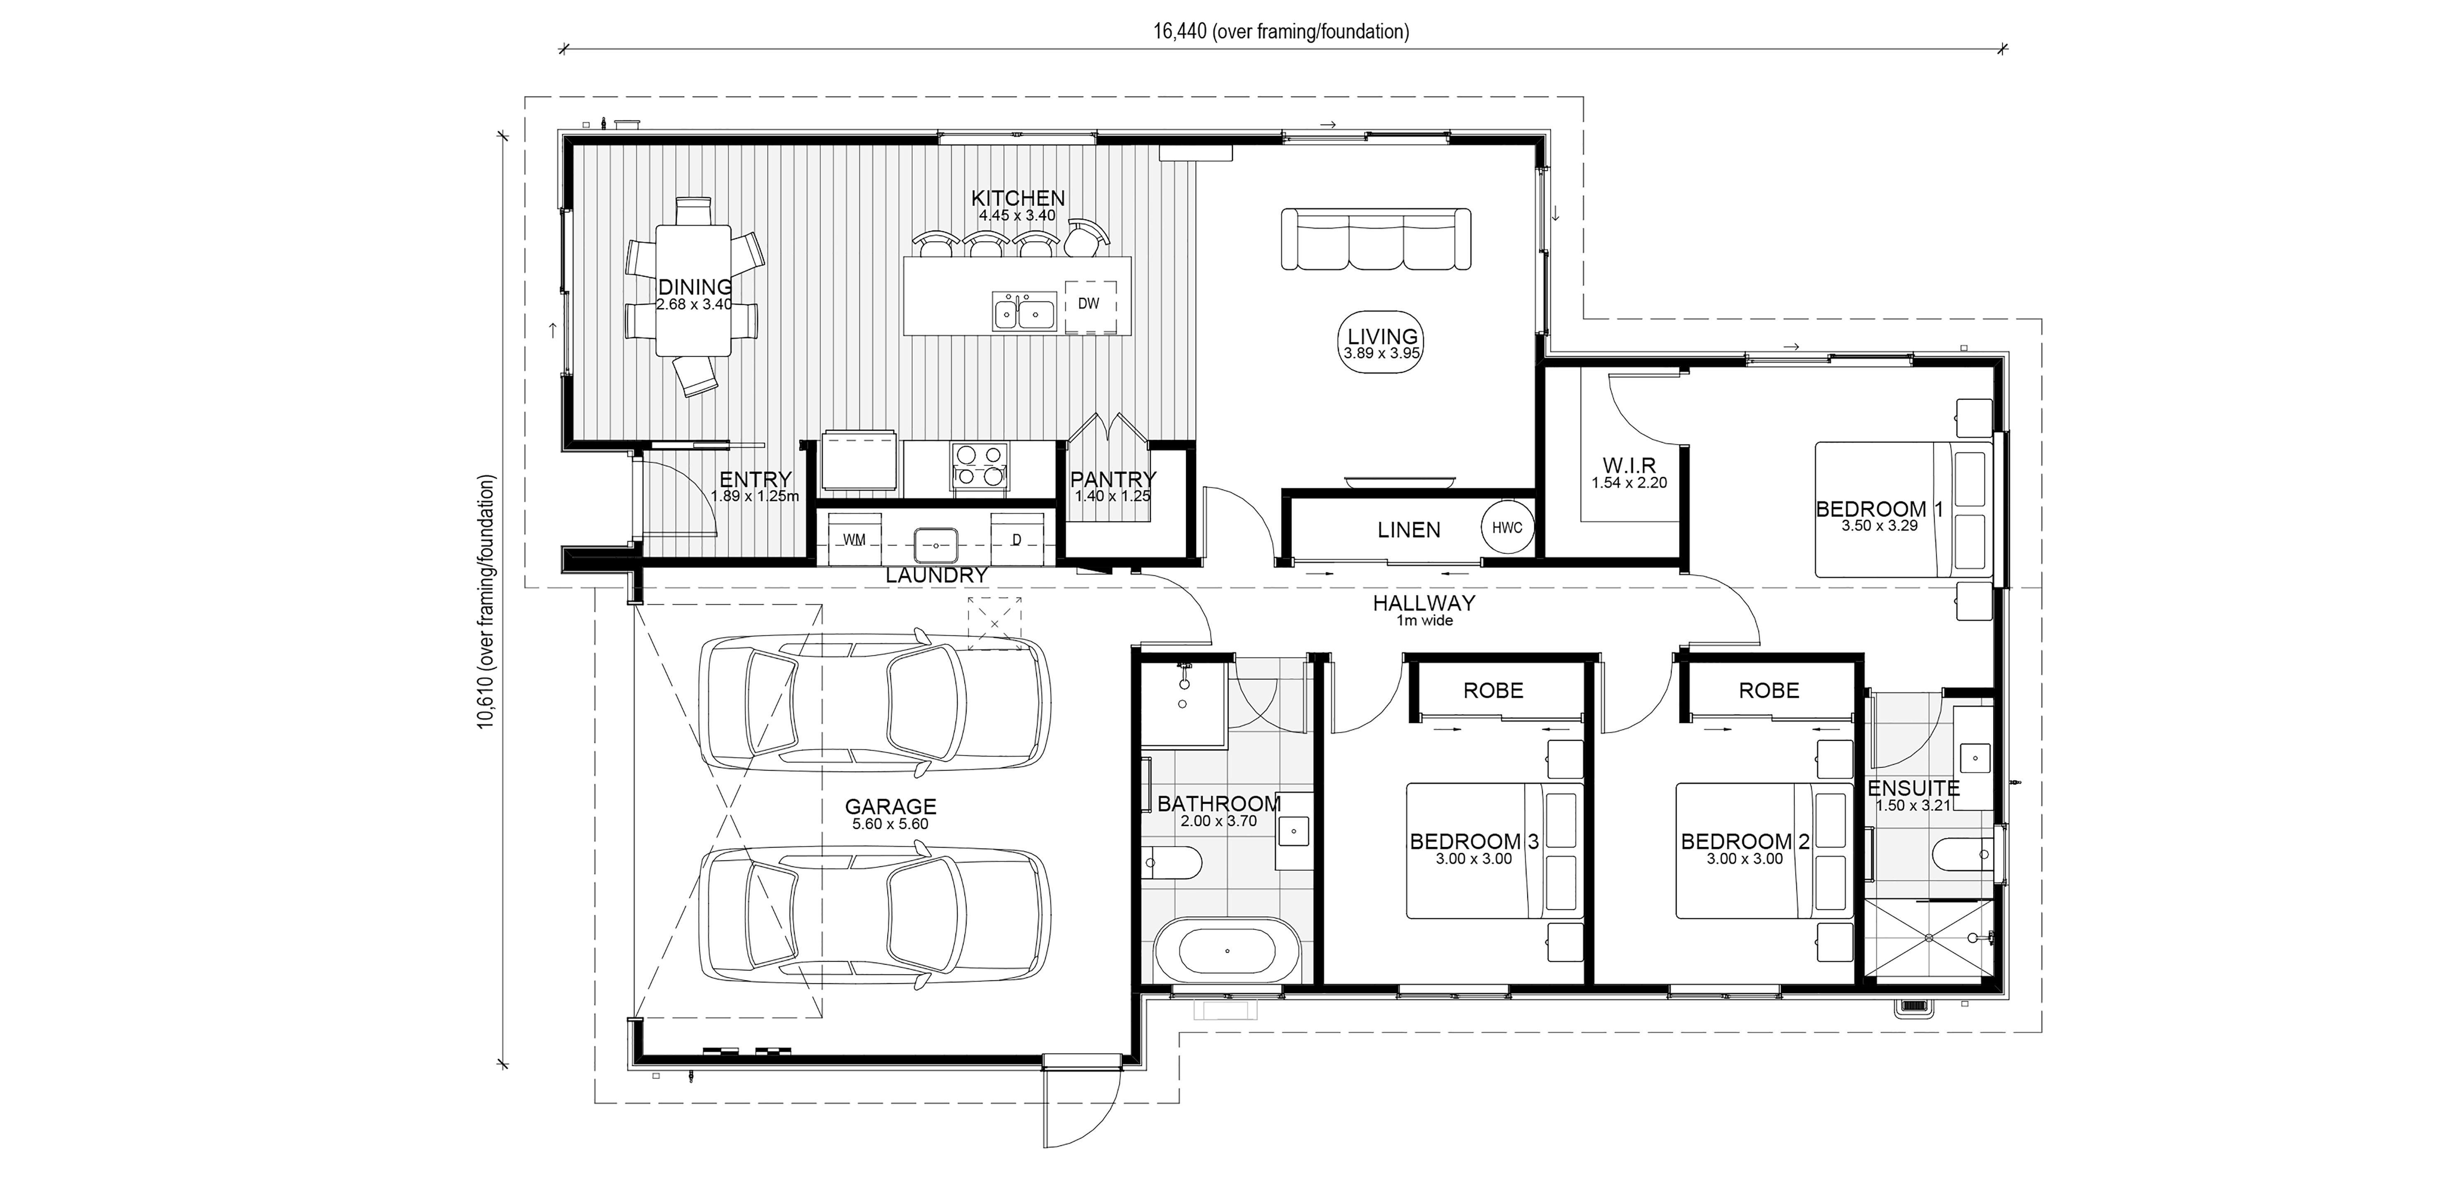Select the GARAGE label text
point(890,807)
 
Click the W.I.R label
point(1629,466)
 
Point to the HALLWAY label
point(1424,603)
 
